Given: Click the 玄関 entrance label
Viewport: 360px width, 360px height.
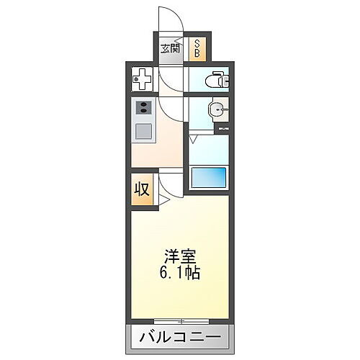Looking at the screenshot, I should (171, 49).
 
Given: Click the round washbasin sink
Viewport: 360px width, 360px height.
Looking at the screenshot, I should (214, 109).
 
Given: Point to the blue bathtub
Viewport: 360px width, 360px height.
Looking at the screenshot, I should (209, 176).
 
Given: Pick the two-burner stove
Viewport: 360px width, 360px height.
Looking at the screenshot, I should (143, 110).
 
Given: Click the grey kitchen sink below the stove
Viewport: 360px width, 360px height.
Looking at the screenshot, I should (143, 132).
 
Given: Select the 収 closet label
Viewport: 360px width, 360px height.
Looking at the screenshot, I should (143, 189).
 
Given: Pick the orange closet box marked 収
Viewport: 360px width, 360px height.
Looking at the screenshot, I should (143, 189).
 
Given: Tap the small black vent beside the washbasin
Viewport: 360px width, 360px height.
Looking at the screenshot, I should (222, 128).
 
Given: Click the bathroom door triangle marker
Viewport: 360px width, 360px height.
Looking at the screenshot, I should (193, 135).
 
